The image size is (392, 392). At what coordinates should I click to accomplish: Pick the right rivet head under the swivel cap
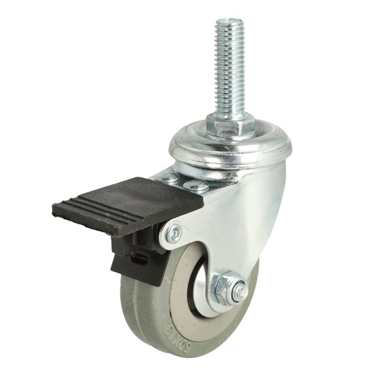point(195,186)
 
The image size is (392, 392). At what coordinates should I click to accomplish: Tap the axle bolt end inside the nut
point(238,292)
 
